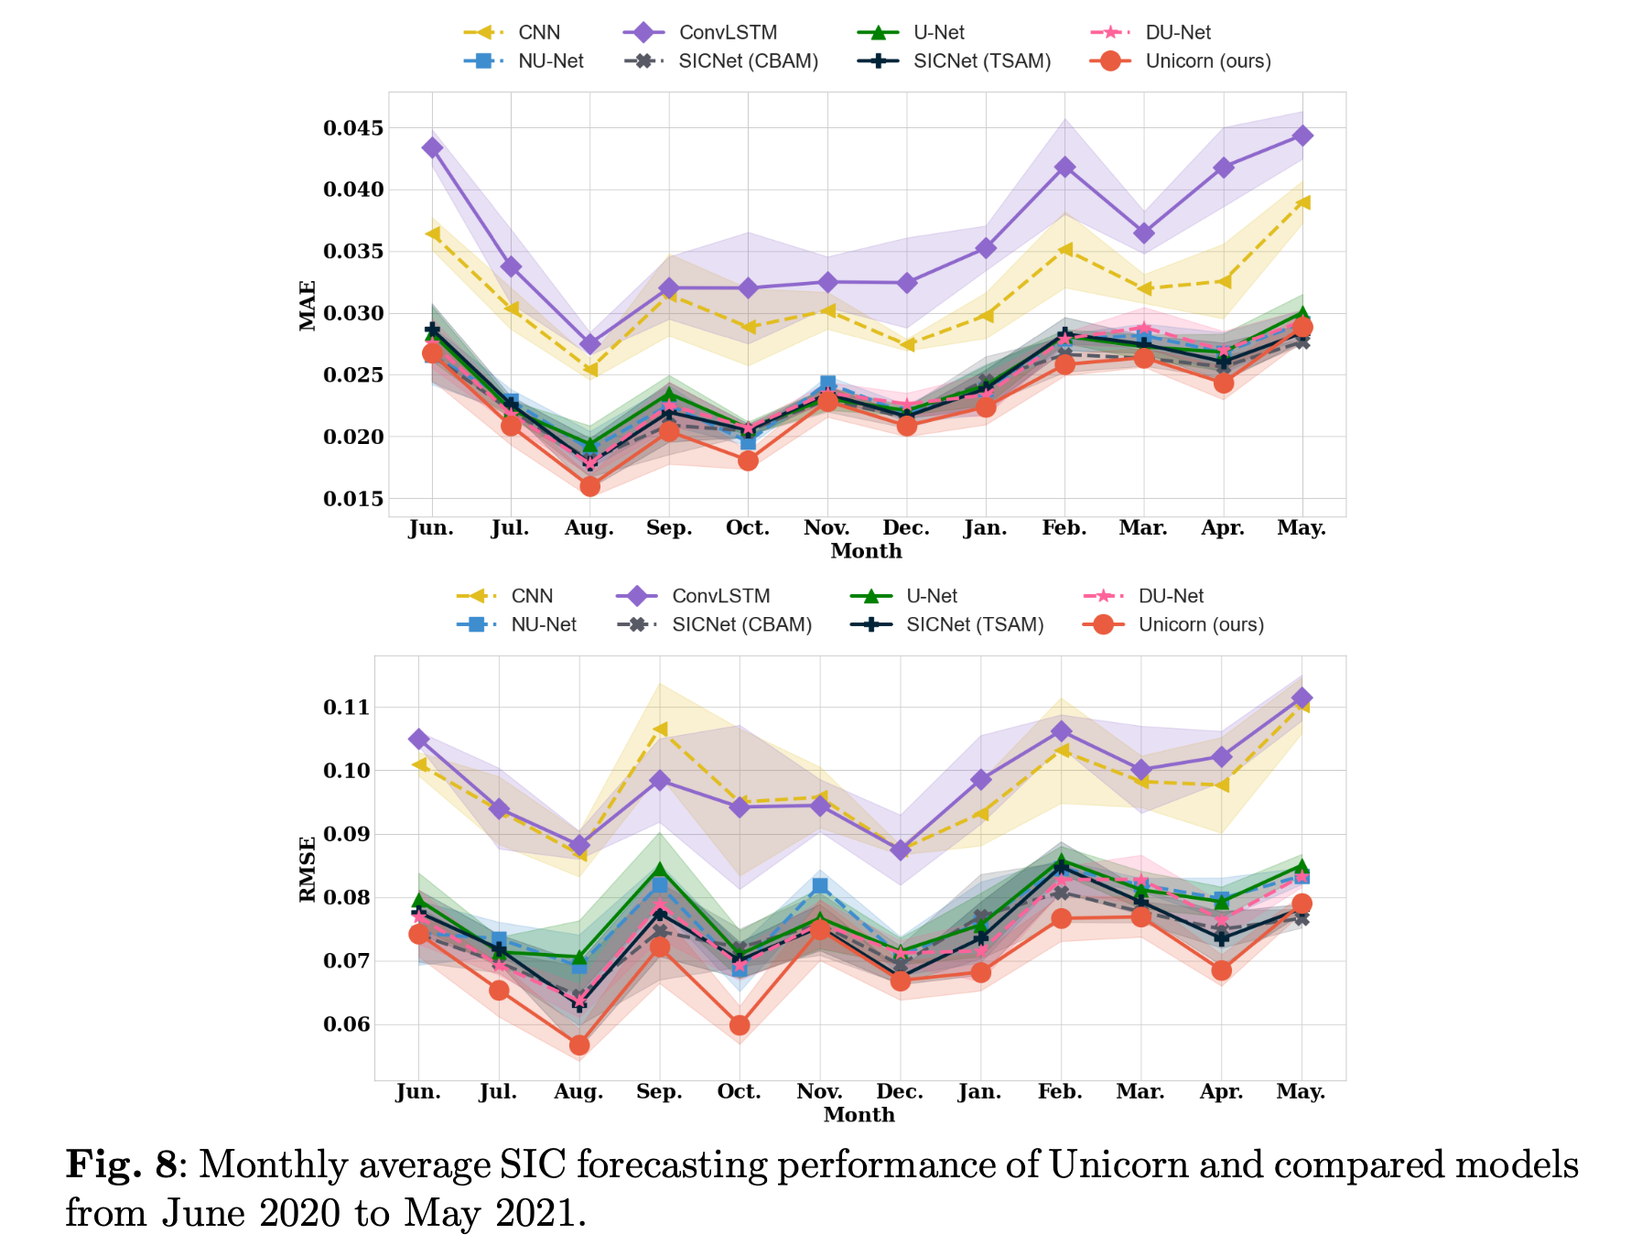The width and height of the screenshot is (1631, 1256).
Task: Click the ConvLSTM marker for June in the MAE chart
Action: pyautogui.click(x=433, y=147)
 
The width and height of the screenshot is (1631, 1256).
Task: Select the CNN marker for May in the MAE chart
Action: pyautogui.click(x=1302, y=202)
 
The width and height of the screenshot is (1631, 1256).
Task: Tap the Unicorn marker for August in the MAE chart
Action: pyautogui.click(x=589, y=486)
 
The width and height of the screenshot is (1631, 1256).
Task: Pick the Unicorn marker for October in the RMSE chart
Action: pyautogui.click(x=740, y=1025)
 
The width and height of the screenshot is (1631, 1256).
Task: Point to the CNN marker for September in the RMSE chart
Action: pyautogui.click(x=659, y=730)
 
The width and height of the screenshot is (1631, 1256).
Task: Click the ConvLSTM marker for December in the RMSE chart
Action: pyautogui.click(x=900, y=850)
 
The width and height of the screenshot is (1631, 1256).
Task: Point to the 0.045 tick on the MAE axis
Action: pyautogui.click(x=353, y=127)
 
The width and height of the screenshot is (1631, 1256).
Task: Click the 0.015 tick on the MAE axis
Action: pyautogui.click(x=353, y=499)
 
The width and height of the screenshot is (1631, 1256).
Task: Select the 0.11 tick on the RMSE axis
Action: pyautogui.click(x=346, y=707)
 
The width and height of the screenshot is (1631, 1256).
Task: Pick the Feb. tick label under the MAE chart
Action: pyautogui.click(x=1064, y=528)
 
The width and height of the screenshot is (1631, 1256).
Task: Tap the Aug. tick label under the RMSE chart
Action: pyautogui.click(x=578, y=1092)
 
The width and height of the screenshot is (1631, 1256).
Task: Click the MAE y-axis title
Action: pyautogui.click(x=308, y=305)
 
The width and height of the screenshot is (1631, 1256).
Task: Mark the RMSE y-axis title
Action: pyautogui.click(x=308, y=869)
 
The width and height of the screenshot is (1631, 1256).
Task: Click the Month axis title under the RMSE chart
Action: pyautogui.click(x=859, y=1115)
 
